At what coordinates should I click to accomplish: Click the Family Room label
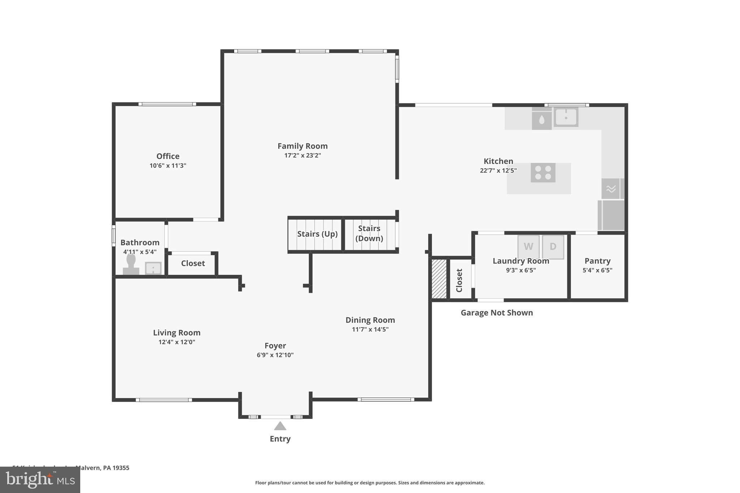pos(302,146)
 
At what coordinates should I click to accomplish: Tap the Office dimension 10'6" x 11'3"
pos(168,166)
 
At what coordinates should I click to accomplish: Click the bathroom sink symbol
pos(153,268)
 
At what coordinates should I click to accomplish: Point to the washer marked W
pos(528,247)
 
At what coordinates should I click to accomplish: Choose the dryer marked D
pos(553,247)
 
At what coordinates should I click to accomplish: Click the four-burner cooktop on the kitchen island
pos(543,173)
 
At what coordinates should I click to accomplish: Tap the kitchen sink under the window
pos(566,117)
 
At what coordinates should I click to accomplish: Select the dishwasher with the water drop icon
pos(541,120)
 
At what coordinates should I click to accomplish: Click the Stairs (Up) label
pos(317,234)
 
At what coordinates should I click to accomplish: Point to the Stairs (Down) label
pos(369,233)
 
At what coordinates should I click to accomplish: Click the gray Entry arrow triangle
pos(280,426)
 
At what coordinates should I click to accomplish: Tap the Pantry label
pos(597,261)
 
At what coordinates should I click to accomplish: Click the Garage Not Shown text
pos(496,313)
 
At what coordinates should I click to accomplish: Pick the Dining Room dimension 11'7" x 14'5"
pos(370,329)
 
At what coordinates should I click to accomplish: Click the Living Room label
pos(176,333)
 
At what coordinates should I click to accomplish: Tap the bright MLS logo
pos(40,480)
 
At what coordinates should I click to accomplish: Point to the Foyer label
pos(275,346)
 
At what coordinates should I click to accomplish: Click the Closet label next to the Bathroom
pos(193,263)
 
